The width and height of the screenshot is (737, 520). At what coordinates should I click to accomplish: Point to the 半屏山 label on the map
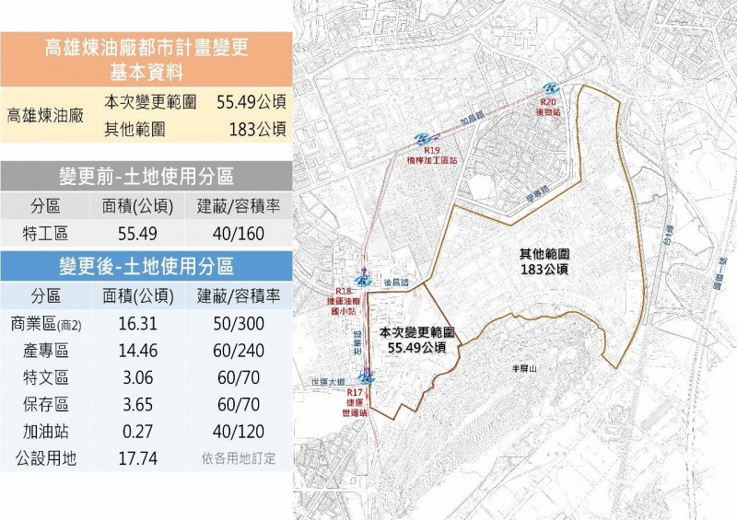click(523, 366)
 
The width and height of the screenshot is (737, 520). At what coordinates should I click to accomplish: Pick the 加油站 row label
click(45, 430)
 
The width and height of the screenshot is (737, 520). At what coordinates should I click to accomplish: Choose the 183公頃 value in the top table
click(258, 130)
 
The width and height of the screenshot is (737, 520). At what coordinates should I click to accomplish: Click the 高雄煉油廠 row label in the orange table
click(45, 116)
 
